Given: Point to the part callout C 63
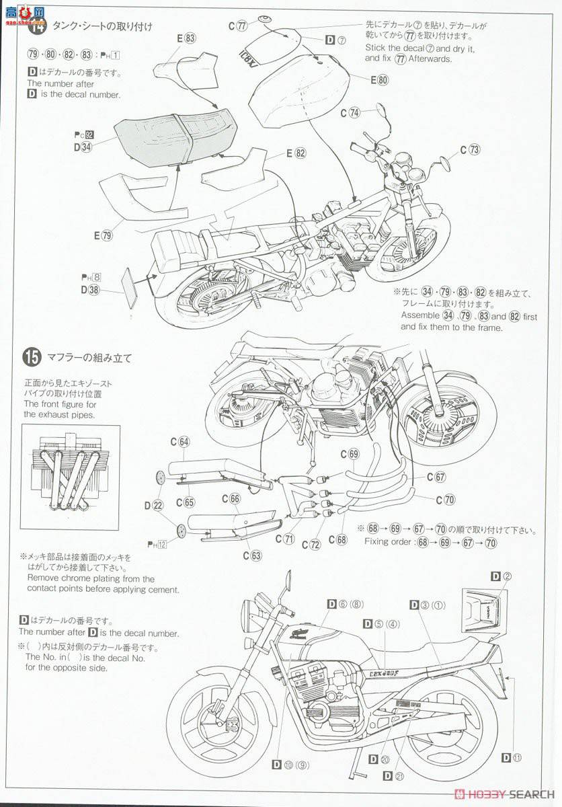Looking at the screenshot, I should pos(252,555).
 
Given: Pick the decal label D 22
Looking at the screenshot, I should pos(153,505).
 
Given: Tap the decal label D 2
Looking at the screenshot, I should pos(501,576).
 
